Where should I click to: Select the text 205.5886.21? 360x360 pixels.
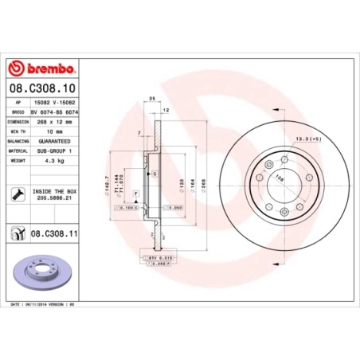(x=53, y=198)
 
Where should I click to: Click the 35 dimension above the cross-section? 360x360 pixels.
(x=151, y=98)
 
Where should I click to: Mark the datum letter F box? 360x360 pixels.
(x=136, y=193)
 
